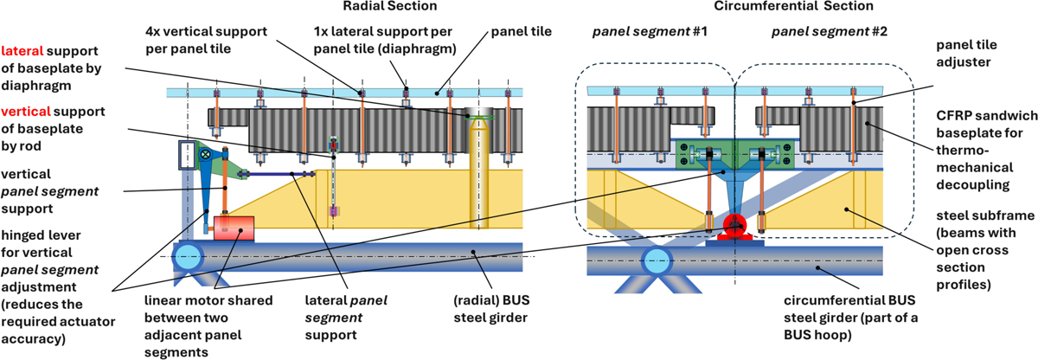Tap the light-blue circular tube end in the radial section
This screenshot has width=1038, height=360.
click(189, 255)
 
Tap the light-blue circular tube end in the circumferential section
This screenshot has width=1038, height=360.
click(657, 259)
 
